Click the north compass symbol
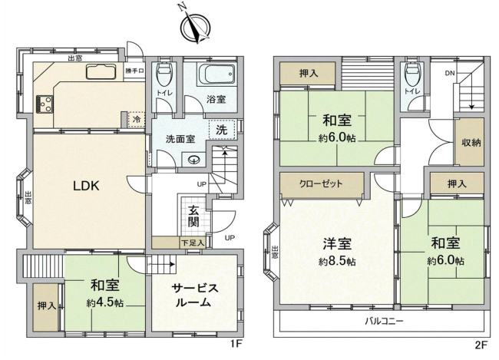(193, 26)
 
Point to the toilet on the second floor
(412, 74)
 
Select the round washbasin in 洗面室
(194, 160)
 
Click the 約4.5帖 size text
(105, 302)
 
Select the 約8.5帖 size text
(337, 262)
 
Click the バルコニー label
(384, 320)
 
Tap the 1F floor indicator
(237, 345)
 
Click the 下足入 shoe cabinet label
(192, 243)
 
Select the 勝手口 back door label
(135, 71)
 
